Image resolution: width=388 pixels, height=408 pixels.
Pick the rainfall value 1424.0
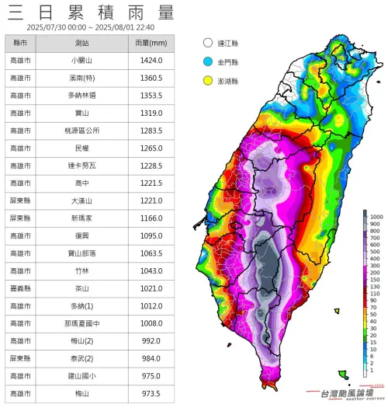tap(151, 60)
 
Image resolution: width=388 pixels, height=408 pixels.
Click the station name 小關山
tap(81, 60)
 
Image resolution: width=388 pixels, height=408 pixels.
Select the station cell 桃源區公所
tap(81, 131)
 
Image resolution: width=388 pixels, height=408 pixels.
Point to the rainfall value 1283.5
tap(151, 131)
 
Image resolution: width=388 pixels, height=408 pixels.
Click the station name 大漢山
tap(81, 200)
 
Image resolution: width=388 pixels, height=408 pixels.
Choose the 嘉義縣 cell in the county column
tap(21, 288)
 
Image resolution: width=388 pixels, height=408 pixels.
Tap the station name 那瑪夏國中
tap(81, 323)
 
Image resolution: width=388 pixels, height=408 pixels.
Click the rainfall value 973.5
tap(151, 393)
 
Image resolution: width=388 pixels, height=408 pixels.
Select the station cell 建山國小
tap(81, 375)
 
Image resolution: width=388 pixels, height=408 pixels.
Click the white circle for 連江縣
tap(207, 44)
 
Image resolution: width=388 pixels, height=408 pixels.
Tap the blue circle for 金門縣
tap(207, 61)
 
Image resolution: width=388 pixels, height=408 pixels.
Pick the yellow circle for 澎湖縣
tap(207, 79)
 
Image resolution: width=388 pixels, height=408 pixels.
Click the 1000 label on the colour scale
tap(376, 215)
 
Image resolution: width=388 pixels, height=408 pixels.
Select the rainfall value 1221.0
tap(151, 200)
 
